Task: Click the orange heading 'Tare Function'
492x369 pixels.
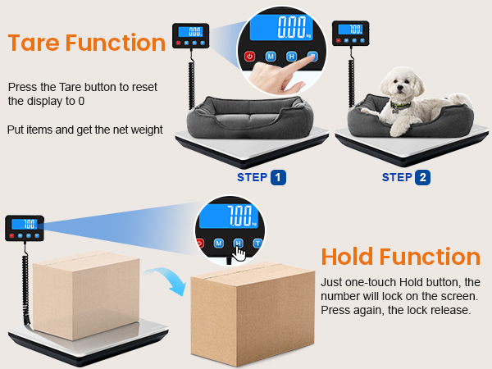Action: pos(87,43)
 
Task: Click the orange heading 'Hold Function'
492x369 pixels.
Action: pos(401,257)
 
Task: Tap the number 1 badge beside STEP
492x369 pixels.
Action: pos(280,177)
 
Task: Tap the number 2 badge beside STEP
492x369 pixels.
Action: pos(423,177)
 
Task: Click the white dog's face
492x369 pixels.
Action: pos(404,85)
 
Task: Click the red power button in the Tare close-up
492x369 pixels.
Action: pos(250,57)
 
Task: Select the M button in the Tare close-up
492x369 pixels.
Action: pos(271,57)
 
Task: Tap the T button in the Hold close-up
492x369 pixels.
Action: pos(257,244)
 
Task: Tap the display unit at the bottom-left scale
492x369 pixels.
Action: pos(25,227)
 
